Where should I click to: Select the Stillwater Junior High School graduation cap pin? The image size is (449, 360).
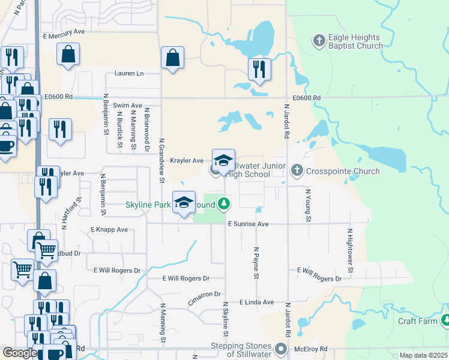pyautogui.click(x=223, y=161)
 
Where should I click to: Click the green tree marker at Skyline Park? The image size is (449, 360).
pyautogui.click(x=224, y=205)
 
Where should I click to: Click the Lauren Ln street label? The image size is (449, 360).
pyautogui.click(x=129, y=74)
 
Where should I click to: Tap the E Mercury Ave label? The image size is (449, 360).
pyautogui.click(x=64, y=35)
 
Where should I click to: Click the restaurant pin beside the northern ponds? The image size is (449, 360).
pyautogui.click(x=259, y=70)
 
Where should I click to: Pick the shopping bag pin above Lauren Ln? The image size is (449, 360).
pyautogui.click(x=172, y=58)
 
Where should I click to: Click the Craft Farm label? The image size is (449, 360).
pyautogui.click(x=418, y=321)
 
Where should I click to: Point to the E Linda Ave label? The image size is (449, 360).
pyautogui.click(x=257, y=302)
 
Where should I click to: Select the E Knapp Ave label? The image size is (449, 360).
pyautogui.click(x=109, y=230)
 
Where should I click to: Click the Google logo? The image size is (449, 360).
pyautogui.click(x=19, y=353)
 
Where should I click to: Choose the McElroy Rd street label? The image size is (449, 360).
pyautogui.click(x=310, y=349)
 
